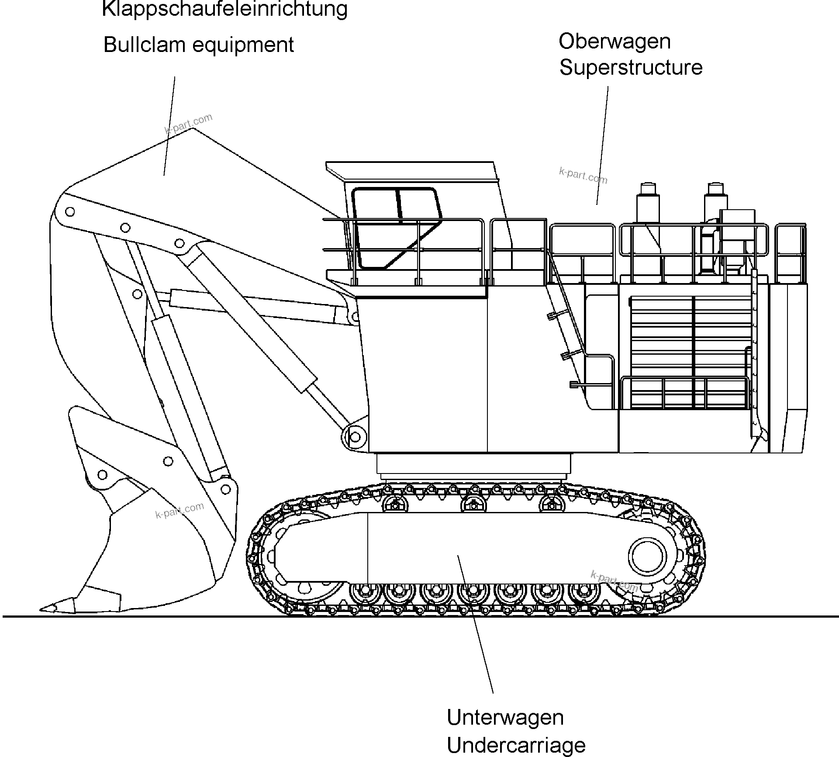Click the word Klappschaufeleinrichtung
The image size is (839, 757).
(x=224, y=9)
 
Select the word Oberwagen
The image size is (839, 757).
(x=614, y=41)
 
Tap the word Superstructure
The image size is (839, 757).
(x=631, y=68)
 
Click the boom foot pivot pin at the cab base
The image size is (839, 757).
(x=355, y=437)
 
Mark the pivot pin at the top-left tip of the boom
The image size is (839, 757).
(x=69, y=212)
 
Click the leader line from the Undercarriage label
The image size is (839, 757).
(x=476, y=625)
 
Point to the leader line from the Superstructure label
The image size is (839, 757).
(x=603, y=144)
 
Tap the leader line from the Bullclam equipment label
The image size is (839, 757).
(x=169, y=127)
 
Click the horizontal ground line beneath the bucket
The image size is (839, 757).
(x=131, y=616)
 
